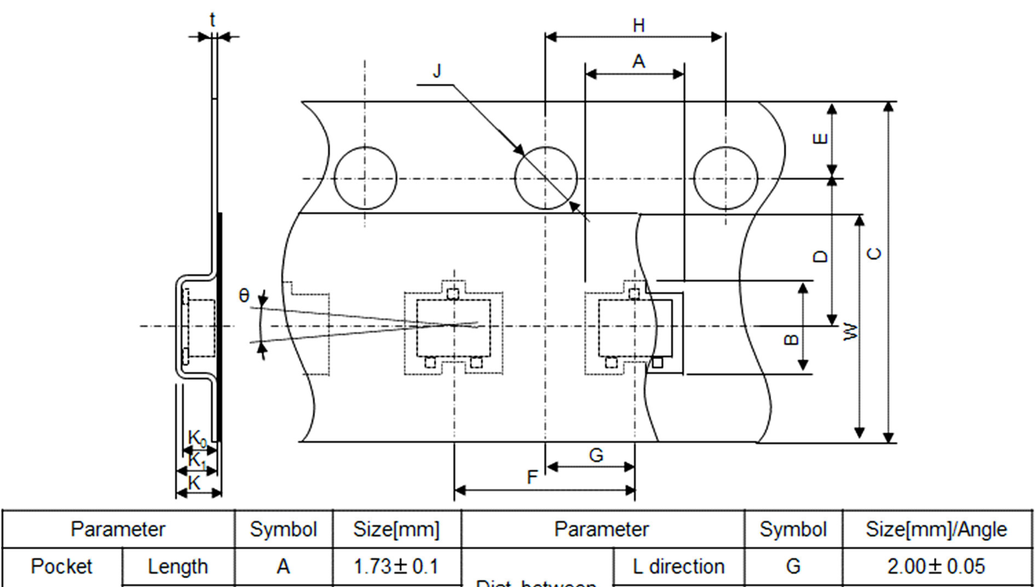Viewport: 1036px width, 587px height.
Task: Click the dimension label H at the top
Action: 638,25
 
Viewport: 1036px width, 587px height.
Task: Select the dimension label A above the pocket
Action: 638,62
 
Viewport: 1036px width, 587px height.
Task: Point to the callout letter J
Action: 437,71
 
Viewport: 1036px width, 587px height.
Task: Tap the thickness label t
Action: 212,20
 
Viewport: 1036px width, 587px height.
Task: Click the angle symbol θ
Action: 244,296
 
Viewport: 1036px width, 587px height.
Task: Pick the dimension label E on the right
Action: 820,139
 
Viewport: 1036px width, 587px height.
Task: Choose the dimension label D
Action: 820,256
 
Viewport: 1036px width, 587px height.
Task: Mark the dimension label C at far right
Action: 875,254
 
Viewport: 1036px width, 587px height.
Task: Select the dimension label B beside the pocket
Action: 791,340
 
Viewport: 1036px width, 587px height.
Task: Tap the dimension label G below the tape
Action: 596,455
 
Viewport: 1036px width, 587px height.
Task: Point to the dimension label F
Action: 532,477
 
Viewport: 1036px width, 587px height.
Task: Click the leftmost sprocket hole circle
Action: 365,178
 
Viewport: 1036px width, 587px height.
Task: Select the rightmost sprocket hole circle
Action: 726,178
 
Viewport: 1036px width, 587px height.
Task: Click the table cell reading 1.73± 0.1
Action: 396,567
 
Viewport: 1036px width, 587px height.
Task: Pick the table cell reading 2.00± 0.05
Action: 936,567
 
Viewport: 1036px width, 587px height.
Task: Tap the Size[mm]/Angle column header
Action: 936,530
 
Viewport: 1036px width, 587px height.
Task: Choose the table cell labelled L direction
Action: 678,567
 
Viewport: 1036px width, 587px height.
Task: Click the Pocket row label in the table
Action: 61,567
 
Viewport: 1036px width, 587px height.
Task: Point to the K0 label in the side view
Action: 197,438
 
